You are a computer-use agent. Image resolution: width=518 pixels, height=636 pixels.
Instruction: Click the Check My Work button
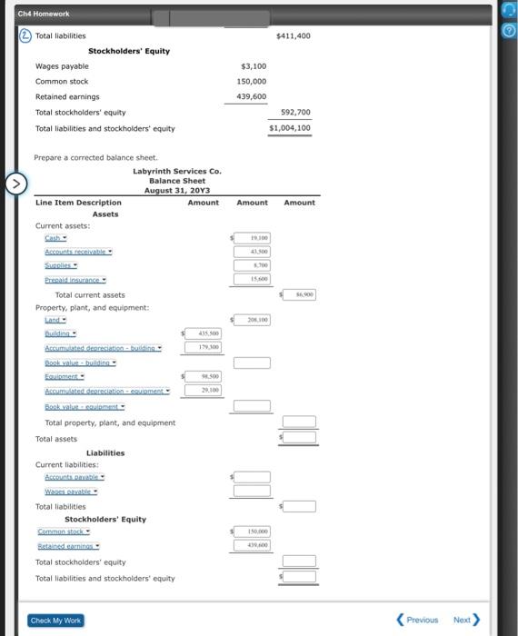55,620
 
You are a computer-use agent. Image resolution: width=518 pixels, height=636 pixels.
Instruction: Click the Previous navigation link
417,620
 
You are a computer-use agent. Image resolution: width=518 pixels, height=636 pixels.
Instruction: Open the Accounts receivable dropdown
78,251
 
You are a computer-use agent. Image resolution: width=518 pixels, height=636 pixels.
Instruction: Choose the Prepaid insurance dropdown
75,280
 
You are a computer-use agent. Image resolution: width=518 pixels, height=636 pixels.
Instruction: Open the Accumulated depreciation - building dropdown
103,348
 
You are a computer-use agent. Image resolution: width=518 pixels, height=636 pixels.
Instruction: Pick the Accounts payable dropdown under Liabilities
75,477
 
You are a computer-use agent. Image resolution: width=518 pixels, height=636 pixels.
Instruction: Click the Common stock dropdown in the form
65,532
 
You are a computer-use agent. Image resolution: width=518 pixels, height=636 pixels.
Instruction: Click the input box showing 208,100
253,320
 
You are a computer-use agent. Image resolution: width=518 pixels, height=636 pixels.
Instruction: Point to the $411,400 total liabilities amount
293,35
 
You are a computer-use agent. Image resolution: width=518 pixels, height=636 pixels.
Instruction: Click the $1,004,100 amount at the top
290,128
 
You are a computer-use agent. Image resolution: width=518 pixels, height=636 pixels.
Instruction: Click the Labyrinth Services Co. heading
176,171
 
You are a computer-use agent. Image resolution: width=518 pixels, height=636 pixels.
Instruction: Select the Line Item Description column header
78,203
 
